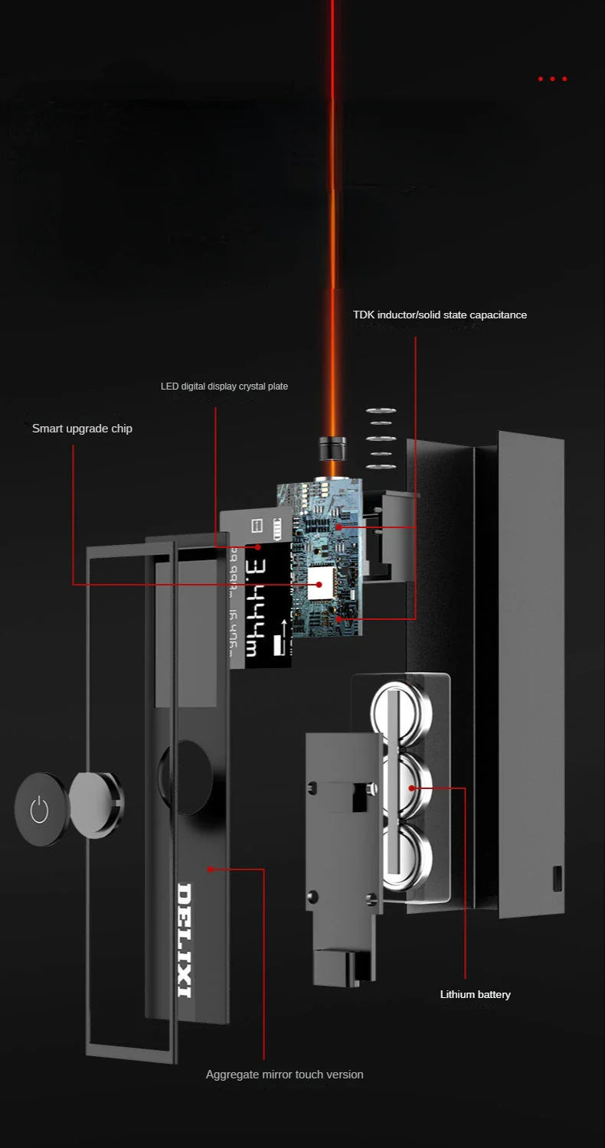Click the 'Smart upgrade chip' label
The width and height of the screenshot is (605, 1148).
[82, 429]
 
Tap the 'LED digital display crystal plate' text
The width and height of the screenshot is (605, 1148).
[224, 386]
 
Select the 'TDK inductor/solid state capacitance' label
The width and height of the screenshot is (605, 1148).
[440, 315]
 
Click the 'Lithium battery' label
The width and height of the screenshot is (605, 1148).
[475, 994]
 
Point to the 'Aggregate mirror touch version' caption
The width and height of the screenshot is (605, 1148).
[284, 1075]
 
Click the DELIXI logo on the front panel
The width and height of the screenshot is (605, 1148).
[185, 940]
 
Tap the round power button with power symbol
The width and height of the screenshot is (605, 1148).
[39, 809]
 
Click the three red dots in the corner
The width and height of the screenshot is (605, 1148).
[552, 79]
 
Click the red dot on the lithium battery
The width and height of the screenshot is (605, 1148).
[411, 788]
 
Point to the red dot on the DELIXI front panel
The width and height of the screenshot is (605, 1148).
[208, 869]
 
